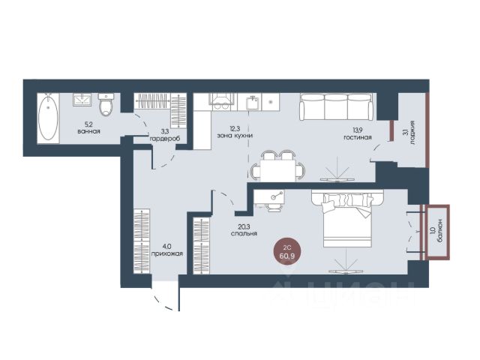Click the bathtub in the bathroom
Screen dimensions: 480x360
coord(48,118)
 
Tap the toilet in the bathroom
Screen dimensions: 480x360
coord(106,105)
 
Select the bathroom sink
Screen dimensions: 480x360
coord(82,100)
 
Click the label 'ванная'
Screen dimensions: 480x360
coord(89,132)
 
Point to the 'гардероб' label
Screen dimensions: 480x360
coord(164,139)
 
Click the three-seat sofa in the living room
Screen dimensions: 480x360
coord(336,106)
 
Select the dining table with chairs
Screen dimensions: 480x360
coord(277,166)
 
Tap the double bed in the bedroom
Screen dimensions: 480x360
coord(347,218)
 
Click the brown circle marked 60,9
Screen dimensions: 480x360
coord(287,252)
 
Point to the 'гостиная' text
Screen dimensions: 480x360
coord(357,137)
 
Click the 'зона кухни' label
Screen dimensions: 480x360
coord(235,136)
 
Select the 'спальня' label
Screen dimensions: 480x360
coord(244,233)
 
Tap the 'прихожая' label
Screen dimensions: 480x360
coord(168,253)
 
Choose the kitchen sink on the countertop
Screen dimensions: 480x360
coord(252,103)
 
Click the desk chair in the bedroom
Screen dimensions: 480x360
coord(273,208)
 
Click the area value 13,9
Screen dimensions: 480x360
coord(357,130)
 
